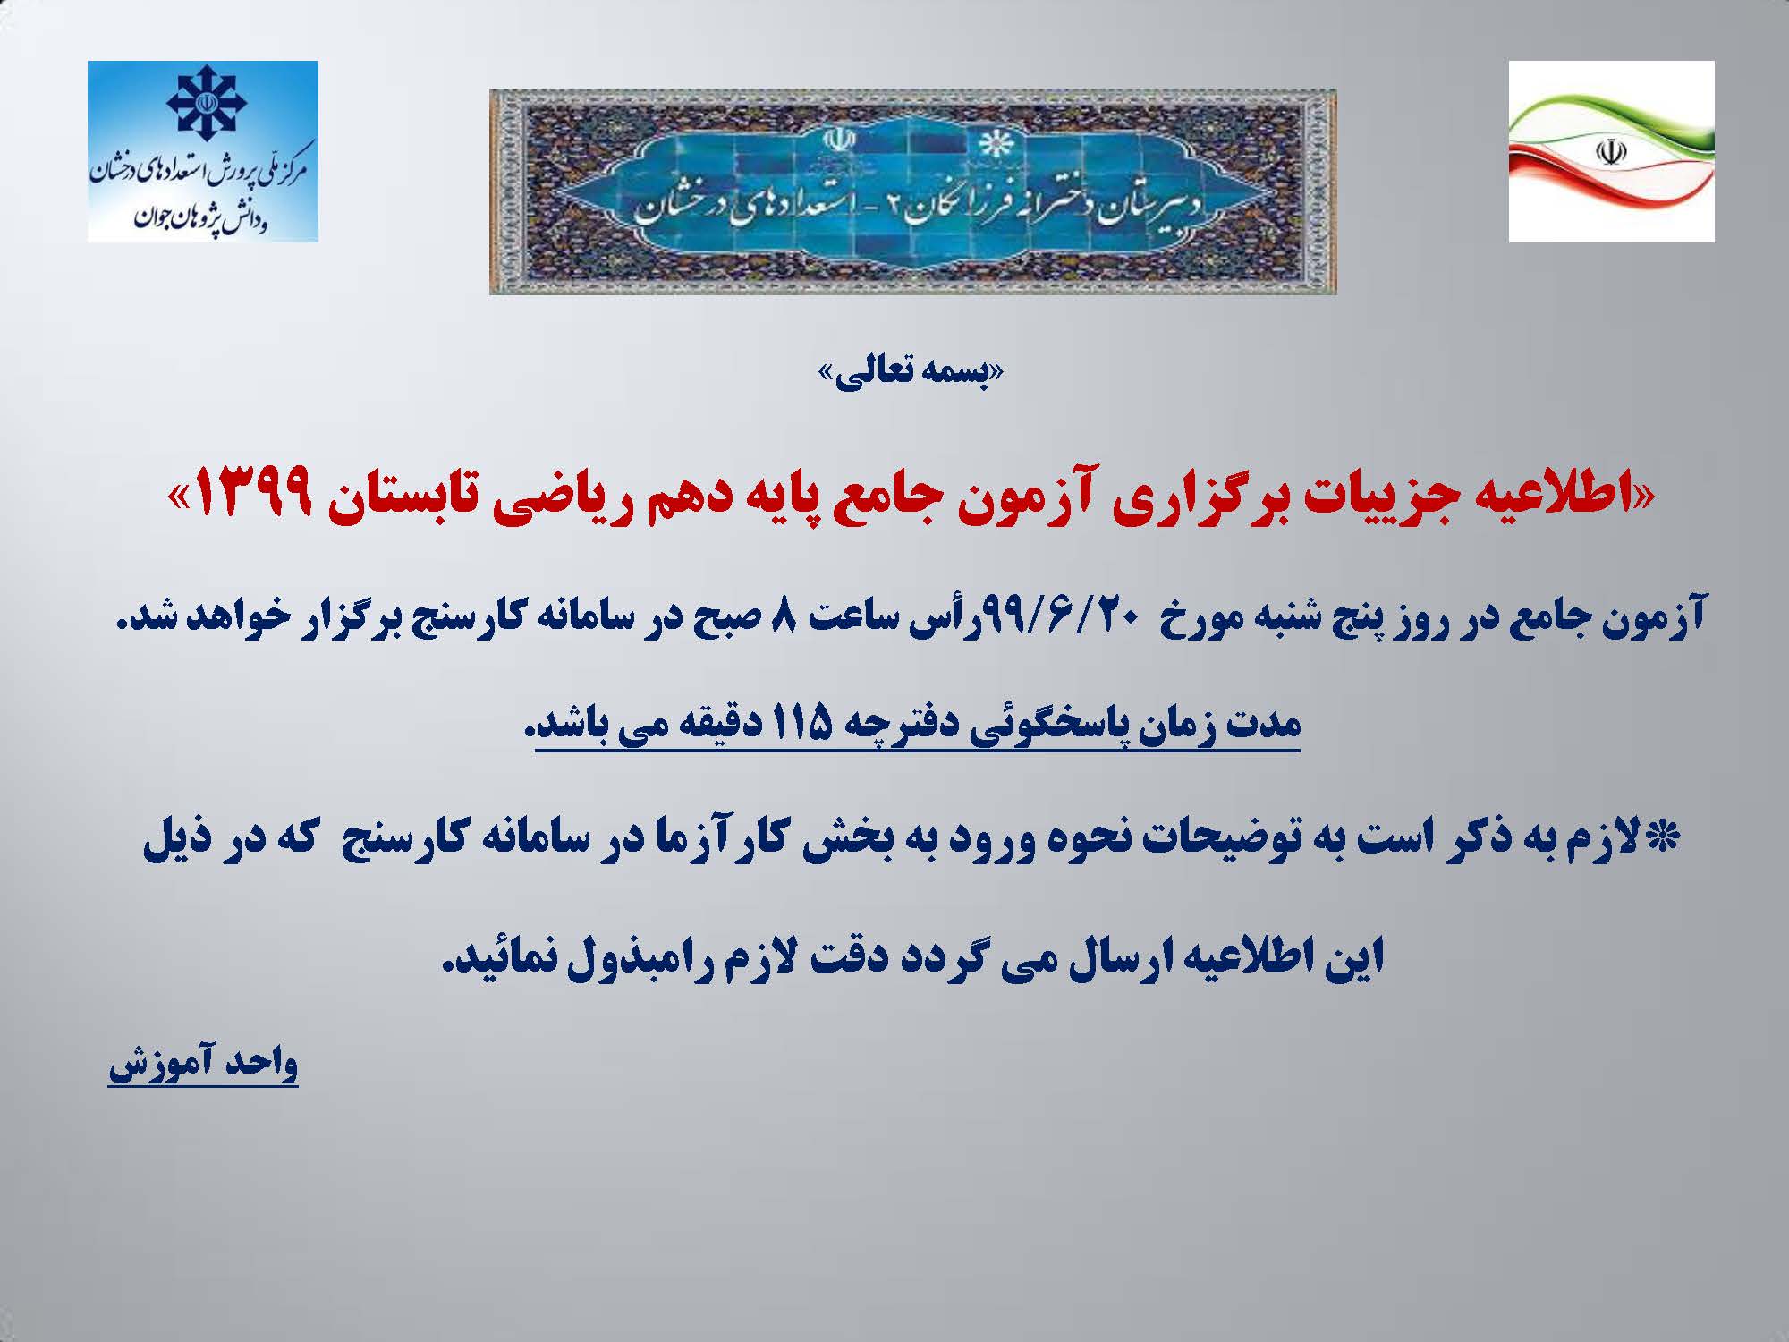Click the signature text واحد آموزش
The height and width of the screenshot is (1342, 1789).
click(203, 1063)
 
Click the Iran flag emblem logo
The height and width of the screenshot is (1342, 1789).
click(1611, 151)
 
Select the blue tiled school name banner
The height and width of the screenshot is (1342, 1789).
click(912, 191)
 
